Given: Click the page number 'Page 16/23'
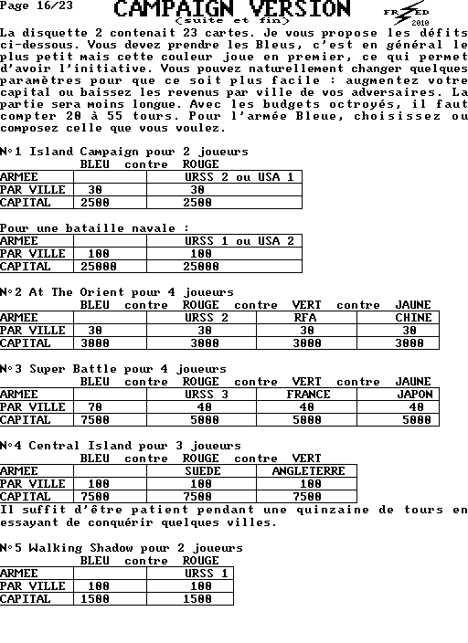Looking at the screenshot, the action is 37,5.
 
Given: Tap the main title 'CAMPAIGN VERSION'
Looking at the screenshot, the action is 232,8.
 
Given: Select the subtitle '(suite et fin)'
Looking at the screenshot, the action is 232,20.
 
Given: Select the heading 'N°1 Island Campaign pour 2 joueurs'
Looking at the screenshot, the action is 124,152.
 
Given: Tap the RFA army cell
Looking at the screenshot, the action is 305,318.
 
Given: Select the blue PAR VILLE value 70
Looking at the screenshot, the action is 95,407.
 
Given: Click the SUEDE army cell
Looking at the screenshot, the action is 202,471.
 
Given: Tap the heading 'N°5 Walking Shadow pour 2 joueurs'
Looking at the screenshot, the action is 122,548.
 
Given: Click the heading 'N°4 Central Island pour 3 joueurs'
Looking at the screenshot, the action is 121,446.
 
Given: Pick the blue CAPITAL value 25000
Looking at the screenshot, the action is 99,267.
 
